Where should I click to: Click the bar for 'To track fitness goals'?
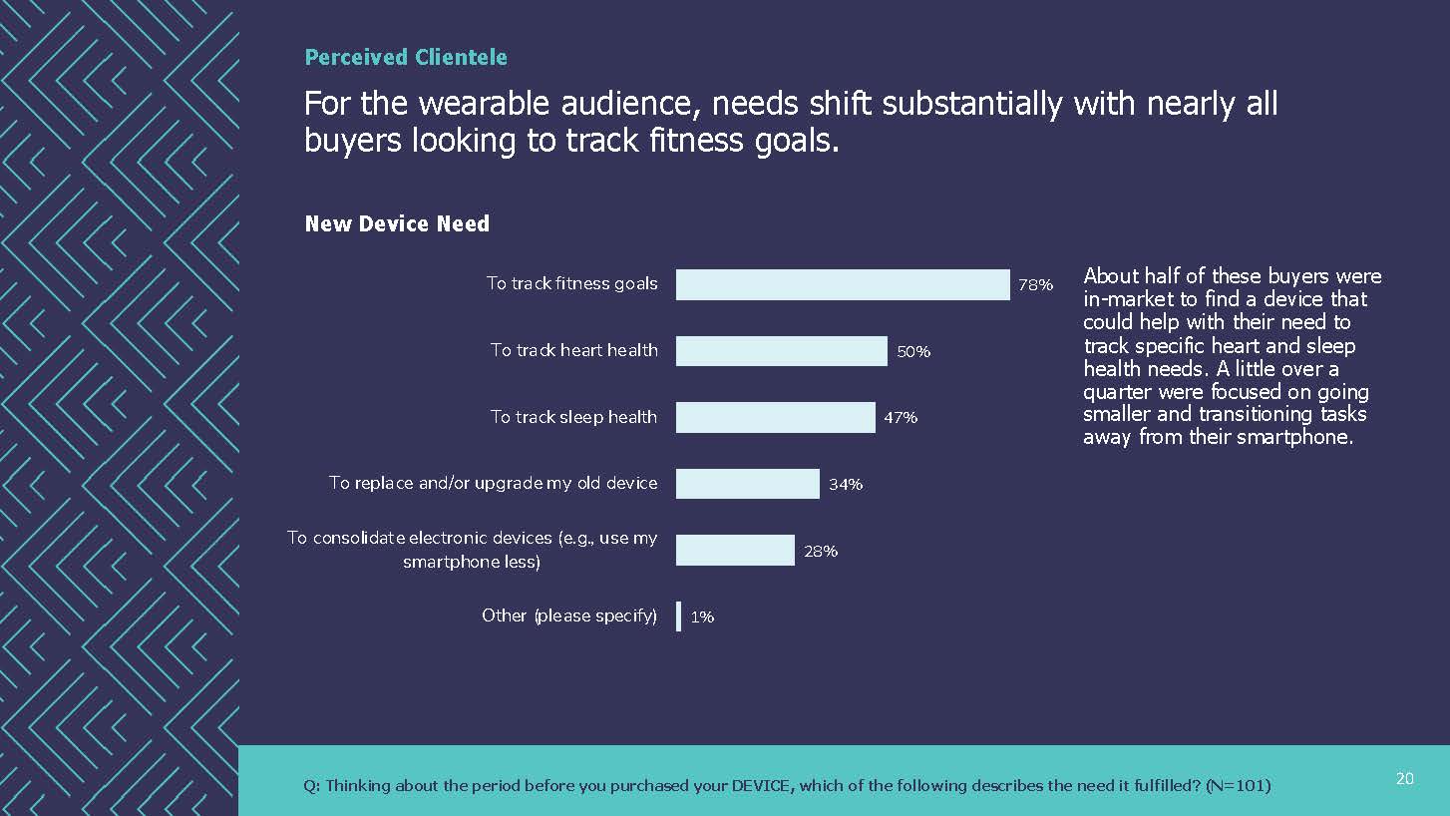click(x=843, y=284)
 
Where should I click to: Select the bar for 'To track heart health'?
click(x=781, y=351)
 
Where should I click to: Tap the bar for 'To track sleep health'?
click(x=775, y=417)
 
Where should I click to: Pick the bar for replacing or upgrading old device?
click(x=747, y=484)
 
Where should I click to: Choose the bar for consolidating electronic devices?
click(x=735, y=550)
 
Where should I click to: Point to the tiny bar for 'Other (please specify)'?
click(x=679, y=616)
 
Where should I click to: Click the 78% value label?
click(x=1035, y=285)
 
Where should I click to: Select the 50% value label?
click(x=913, y=352)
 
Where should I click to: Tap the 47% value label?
click(x=901, y=418)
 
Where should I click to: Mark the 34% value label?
click(x=846, y=485)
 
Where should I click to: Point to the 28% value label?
click(x=821, y=551)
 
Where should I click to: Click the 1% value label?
click(x=702, y=617)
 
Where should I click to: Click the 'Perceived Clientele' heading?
click(x=406, y=58)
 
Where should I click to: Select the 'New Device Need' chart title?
click(x=397, y=224)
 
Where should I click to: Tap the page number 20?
click(x=1404, y=779)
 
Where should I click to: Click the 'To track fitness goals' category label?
click(x=571, y=283)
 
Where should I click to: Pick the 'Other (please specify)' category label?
click(x=569, y=615)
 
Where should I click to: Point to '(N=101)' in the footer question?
click(x=1238, y=786)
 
